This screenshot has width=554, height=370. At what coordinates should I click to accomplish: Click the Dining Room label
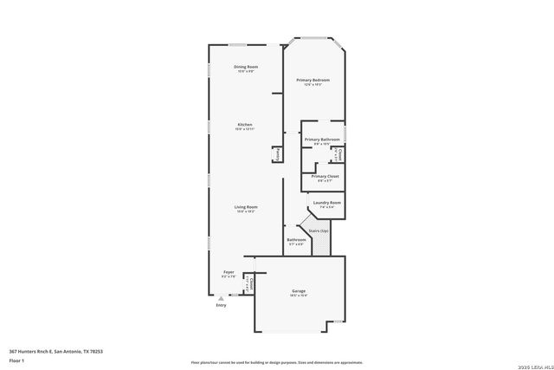click(246, 67)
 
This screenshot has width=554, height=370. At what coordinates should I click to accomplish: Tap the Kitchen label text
click(246, 125)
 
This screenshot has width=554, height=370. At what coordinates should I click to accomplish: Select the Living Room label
click(246, 206)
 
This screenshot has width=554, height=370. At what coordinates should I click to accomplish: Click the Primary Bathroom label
click(321, 139)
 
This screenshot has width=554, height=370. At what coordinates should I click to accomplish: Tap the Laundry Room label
click(326, 202)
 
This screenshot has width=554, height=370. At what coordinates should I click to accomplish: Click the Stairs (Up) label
click(319, 230)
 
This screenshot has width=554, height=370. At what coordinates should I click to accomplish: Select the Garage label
click(299, 291)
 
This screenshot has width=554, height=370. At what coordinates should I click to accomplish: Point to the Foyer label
click(229, 272)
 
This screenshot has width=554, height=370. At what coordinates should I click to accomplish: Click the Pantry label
click(278, 153)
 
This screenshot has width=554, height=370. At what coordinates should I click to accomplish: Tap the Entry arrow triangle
click(220, 298)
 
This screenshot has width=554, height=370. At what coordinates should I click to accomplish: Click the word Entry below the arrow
click(221, 305)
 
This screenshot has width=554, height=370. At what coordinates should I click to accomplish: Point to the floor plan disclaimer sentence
click(276, 362)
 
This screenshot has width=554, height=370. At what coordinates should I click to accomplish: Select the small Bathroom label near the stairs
click(295, 239)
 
